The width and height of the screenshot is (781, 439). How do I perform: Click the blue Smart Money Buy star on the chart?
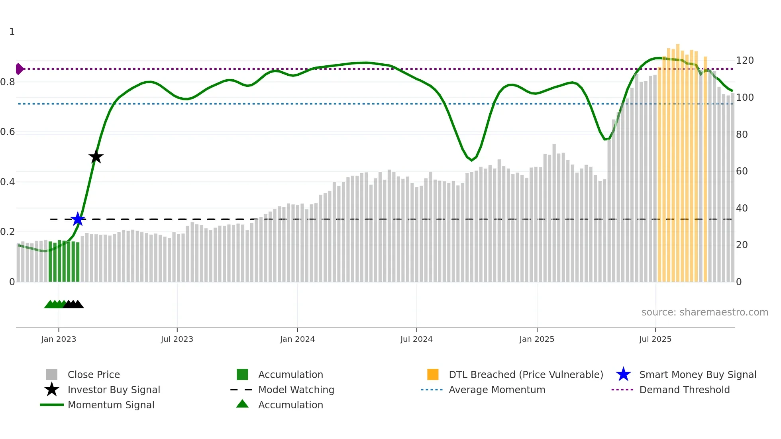point(78,219)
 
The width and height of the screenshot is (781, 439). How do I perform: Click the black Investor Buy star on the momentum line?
point(96,157)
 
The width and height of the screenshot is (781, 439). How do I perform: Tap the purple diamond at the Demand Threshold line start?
point(19,69)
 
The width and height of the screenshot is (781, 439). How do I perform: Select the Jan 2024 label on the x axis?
point(297,339)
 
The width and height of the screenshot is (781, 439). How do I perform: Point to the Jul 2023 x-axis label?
point(177,339)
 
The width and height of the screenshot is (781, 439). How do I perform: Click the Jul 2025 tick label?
point(655,339)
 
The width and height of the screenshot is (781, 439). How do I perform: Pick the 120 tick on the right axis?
point(744,61)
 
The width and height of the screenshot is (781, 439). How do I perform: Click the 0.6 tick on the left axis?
point(8,132)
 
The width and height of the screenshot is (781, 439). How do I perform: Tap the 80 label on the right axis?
point(742,134)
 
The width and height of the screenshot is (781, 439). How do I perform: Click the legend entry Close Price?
point(94,374)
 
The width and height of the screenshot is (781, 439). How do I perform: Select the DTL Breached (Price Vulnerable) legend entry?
point(526,374)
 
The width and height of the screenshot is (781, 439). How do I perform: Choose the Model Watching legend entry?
point(296,390)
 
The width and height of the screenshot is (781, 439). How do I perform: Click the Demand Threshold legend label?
point(684,390)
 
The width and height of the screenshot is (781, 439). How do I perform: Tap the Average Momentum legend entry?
point(496,390)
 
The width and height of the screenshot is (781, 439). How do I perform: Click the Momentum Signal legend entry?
point(111,405)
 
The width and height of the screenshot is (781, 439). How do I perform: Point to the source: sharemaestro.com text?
point(704,312)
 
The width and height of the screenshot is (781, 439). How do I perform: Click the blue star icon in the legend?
point(623,374)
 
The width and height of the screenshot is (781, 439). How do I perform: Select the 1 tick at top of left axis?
point(12,32)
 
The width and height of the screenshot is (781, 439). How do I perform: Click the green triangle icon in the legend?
point(242,404)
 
